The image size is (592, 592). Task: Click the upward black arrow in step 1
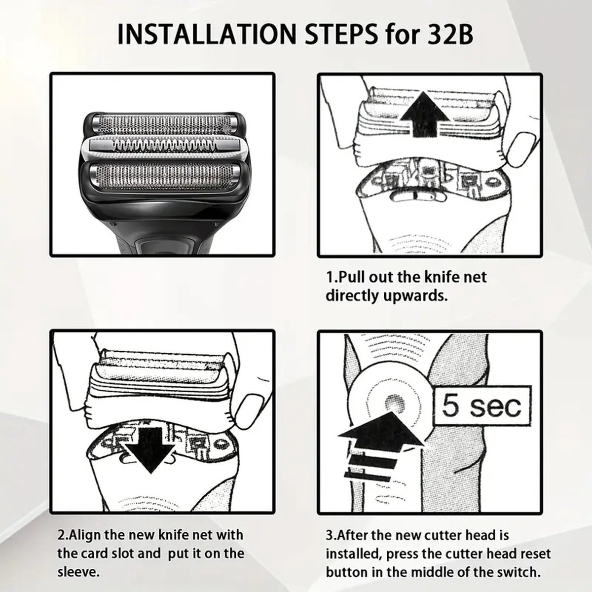coord(425,114)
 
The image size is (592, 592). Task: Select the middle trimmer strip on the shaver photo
coord(164,145)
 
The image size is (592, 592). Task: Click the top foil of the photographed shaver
coord(162,123)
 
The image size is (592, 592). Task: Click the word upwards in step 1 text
coord(415,296)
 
